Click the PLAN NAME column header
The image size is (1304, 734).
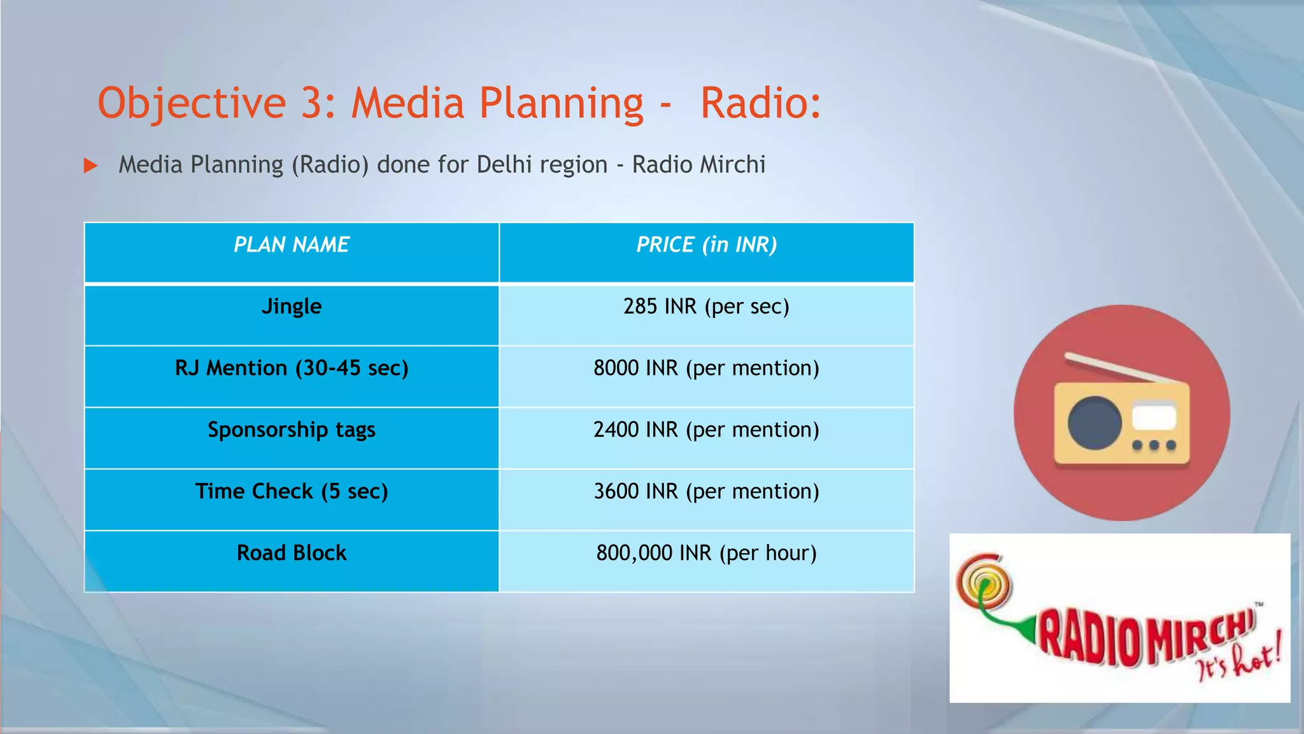pyautogui.click(x=292, y=245)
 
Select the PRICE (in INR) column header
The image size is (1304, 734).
pyautogui.click(x=706, y=245)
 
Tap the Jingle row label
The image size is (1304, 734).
pyautogui.click(x=292, y=306)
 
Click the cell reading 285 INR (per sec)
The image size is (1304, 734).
pyautogui.click(x=706, y=306)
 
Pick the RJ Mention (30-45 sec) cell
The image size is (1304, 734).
pyautogui.click(x=292, y=368)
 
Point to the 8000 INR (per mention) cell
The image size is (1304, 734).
pyautogui.click(x=706, y=368)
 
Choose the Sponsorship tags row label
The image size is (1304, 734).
pyautogui.click(x=292, y=430)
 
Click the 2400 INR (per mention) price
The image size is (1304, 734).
pyautogui.click(x=706, y=430)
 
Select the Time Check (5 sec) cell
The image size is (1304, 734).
pyautogui.click(x=292, y=492)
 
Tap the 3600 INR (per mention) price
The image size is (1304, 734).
pyautogui.click(x=706, y=492)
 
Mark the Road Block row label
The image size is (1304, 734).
pyautogui.click(x=292, y=553)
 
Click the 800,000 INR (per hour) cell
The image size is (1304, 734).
pyautogui.click(x=706, y=553)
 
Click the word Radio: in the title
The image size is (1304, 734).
pyautogui.click(x=760, y=103)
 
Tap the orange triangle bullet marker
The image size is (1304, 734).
pyautogui.click(x=91, y=166)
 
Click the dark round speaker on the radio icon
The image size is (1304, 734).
pyautogui.click(x=1095, y=422)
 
